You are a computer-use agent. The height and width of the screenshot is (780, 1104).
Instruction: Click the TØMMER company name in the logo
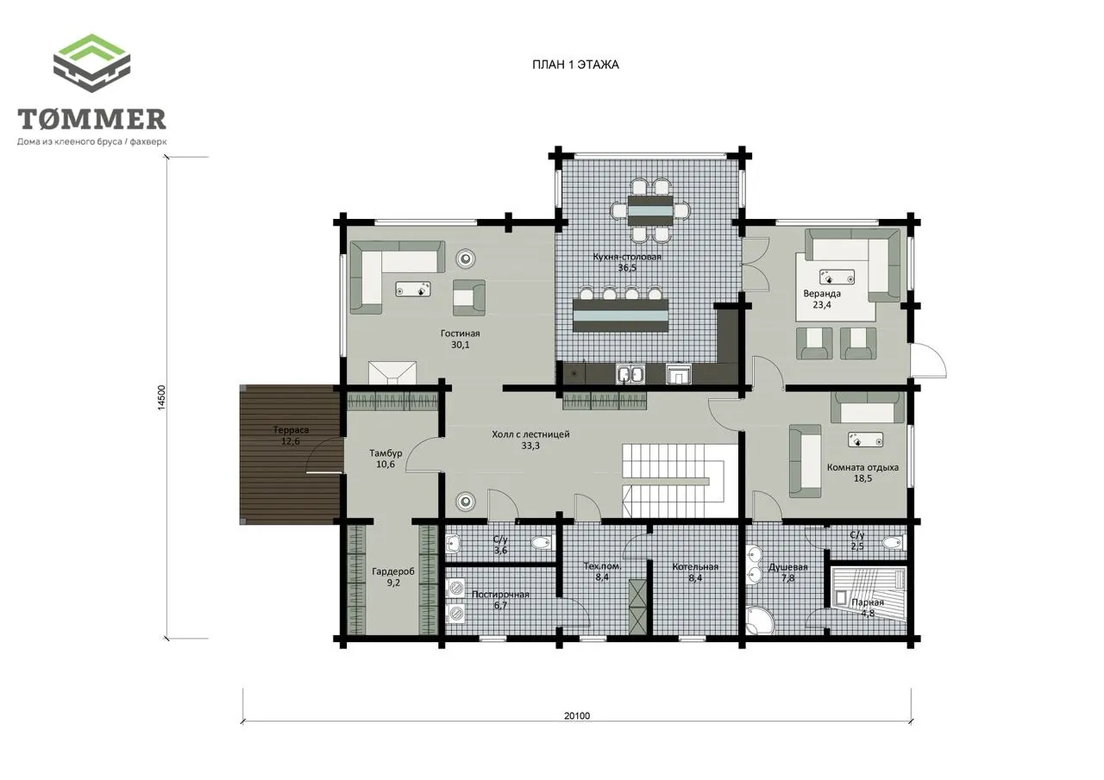pyautogui.click(x=92, y=119)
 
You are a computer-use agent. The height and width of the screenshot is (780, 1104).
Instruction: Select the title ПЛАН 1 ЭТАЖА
pyautogui.click(x=575, y=65)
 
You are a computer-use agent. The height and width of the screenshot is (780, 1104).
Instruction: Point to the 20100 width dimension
pyautogui.click(x=577, y=715)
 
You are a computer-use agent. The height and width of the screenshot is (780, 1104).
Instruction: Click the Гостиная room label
pyautogui.click(x=460, y=334)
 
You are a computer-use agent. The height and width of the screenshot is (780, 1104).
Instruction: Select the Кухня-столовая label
pyautogui.click(x=627, y=257)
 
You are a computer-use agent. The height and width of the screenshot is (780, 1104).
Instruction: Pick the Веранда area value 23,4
pyautogui.click(x=822, y=305)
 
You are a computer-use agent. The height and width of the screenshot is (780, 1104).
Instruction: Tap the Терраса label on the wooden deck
pyautogui.click(x=291, y=430)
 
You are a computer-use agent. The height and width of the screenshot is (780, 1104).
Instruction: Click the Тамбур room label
pyautogui.click(x=386, y=453)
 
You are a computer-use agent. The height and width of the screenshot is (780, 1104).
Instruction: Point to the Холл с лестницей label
pyautogui.click(x=530, y=434)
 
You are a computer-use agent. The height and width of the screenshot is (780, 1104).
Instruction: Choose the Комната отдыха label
pyautogui.click(x=862, y=467)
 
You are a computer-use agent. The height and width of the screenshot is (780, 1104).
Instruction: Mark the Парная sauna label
pyautogui.click(x=868, y=602)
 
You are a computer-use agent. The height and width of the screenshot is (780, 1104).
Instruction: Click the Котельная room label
pyautogui.click(x=695, y=567)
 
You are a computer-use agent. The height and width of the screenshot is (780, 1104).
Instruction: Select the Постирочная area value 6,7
pyautogui.click(x=500, y=606)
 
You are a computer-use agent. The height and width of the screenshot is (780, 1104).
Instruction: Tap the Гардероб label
pyautogui.click(x=393, y=571)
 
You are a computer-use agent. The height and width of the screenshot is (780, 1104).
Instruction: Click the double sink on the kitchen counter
pyautogui.click(x=630, y=374)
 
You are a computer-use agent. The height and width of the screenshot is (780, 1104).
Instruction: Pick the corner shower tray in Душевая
pyautogui.click(x=759, y=621)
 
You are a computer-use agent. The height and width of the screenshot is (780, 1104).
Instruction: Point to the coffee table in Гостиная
pyautogui.click(x=413, y=289)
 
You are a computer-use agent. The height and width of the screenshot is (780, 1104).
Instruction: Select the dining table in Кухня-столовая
pyautogui.click(x=650, y=210)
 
